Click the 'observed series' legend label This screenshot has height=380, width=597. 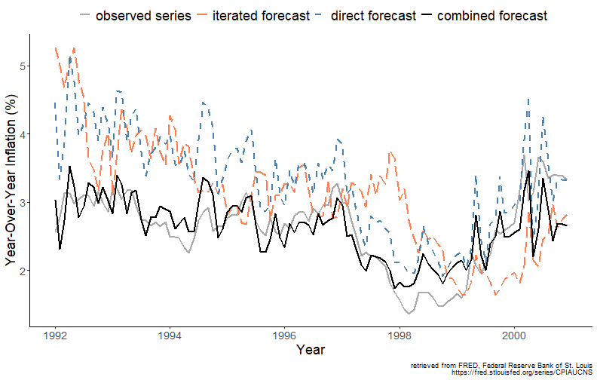[143, 16]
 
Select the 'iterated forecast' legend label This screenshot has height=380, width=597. [261, 16]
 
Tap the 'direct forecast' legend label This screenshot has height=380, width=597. [373, 16]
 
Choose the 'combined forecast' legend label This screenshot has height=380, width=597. [492, 16]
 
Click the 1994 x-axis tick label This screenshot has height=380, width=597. [170, 336]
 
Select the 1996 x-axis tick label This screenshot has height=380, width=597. [285, 336]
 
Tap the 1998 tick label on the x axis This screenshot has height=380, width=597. [400, 336]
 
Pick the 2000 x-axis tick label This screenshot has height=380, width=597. [514, 336]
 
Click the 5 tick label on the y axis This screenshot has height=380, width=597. [23, 66]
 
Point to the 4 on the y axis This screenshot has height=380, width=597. [23, 134]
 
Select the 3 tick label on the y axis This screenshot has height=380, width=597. [23, 203]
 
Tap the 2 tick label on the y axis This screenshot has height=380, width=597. [23, 271]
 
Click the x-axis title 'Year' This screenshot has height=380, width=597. [311, 350]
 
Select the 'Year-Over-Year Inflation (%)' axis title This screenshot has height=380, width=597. [11, 180]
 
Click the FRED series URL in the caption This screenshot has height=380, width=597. [522, 372]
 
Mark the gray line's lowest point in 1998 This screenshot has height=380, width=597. [409, 314]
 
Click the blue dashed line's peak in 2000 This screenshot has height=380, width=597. [528, 99]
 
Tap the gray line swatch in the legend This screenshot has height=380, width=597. [84, 16]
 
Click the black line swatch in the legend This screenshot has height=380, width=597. [426, 16]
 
